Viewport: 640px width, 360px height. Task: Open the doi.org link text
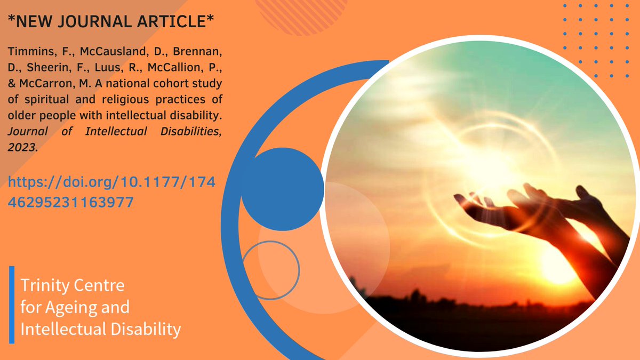(113, 184)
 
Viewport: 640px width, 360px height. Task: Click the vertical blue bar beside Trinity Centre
(12, 304)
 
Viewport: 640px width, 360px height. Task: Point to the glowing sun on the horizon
(555, 261)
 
